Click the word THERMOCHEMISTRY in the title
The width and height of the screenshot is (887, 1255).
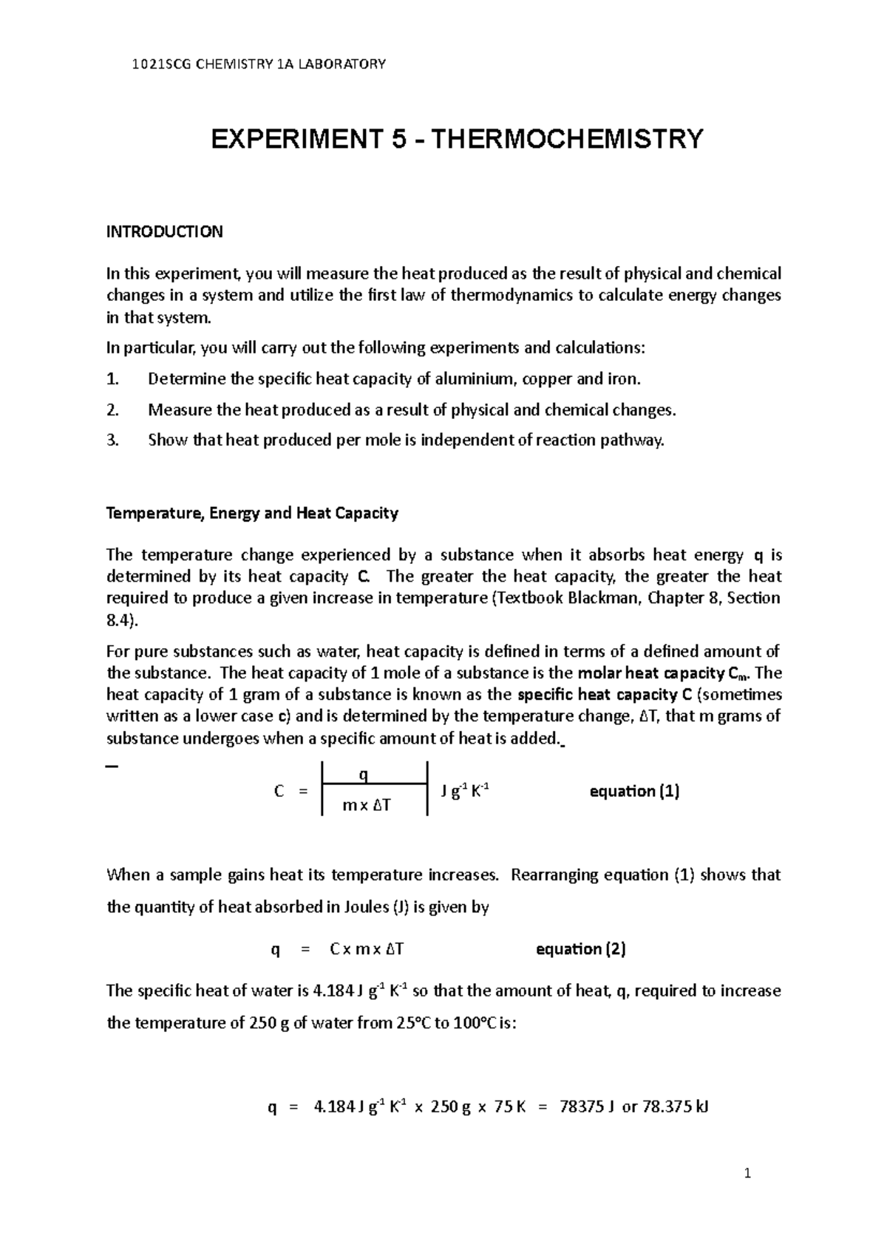click(566, 139)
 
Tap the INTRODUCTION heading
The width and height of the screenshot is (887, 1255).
click(164, 232)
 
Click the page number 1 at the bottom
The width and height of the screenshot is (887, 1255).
click(748, 1173)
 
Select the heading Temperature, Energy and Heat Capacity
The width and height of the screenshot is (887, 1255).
click(252, 513)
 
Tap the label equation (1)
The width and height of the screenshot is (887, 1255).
click(634, 792)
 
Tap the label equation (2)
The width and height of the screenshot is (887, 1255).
click(580, 949)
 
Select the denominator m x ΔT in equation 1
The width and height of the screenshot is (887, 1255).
click(367, 806)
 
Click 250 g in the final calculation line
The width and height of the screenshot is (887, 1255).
click(449, 1107)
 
